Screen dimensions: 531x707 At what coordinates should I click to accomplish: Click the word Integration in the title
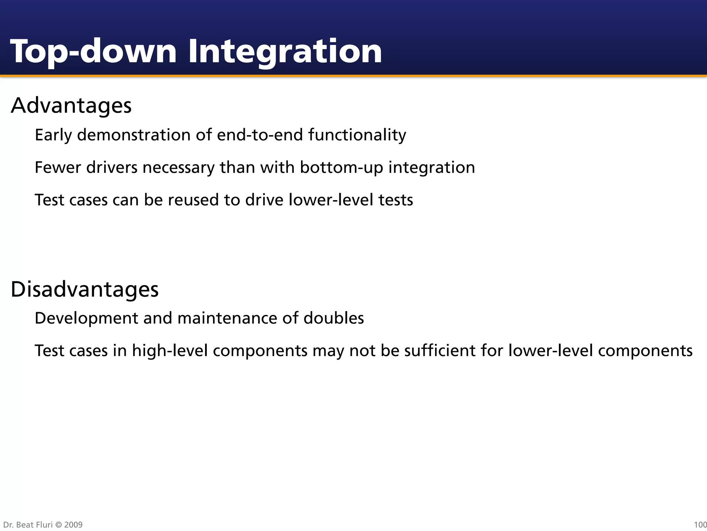[x=285, y=52]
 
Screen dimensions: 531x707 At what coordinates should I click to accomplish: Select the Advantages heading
[x=71, y=105]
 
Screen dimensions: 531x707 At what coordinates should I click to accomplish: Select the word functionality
[x=357, y=135]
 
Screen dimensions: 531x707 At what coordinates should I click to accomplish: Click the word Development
[x=86, y=318]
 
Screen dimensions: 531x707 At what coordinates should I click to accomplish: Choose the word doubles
[x=333, y=318]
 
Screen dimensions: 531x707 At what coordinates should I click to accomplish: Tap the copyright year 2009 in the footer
[x=73, y=525]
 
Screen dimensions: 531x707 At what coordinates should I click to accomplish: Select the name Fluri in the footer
[x=44, y=525]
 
